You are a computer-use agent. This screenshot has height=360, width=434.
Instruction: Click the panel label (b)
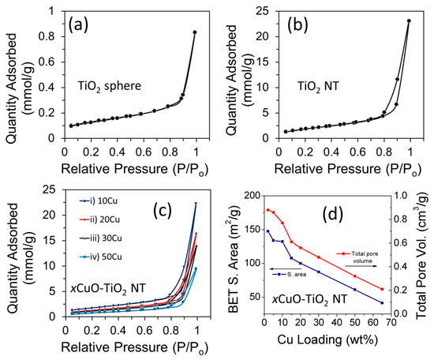click(302, 24)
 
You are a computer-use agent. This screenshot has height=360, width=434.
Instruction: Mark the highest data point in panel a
click(194, 32)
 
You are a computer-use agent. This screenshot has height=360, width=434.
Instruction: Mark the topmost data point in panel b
click(409, 21)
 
